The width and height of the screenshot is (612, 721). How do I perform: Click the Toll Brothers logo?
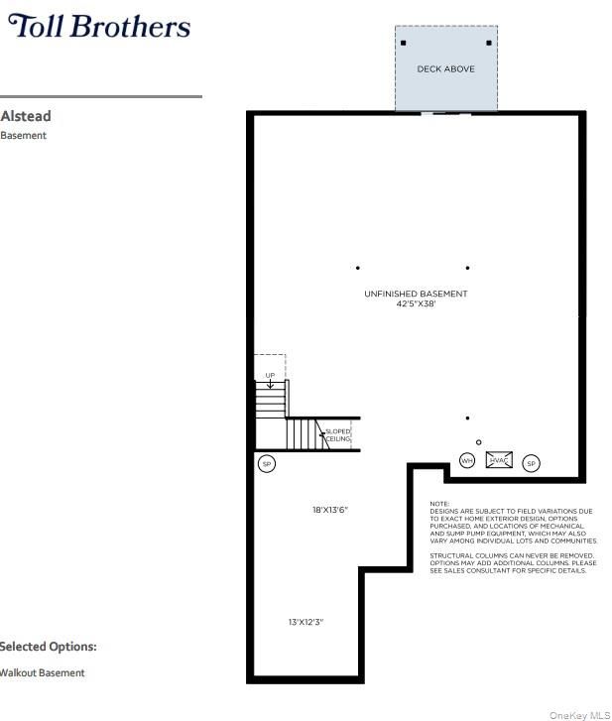(99, 26)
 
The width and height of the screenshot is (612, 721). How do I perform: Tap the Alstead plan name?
(26, 116)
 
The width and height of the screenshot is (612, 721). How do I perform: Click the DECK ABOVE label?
(445, 69)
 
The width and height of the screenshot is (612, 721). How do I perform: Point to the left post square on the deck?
(404, 44)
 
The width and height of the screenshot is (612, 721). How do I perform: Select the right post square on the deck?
(489, 44)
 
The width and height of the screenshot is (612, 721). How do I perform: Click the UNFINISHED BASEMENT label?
(416, 294)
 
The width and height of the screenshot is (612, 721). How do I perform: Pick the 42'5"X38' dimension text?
(416, 303)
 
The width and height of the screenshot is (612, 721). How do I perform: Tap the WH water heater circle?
(467, 461)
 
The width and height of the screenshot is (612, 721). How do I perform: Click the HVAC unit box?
(499, 460)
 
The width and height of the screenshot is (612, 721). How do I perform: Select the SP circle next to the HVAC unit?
(531, 463)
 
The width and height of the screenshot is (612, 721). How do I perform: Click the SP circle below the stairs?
(267, 464)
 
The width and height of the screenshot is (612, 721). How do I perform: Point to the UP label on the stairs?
(270, 375)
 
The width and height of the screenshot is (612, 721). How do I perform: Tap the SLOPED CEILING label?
(338, 435)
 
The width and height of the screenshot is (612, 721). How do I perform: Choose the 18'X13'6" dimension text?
(330, 510)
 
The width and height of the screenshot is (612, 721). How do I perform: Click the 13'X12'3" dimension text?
(306, 622)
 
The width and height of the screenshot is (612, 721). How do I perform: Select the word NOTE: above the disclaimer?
(439, 504)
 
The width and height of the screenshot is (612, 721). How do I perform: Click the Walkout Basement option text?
(42, 672)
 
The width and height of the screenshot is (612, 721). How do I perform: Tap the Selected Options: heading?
(48, 647)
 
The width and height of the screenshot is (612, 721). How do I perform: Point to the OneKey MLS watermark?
(580, 715)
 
